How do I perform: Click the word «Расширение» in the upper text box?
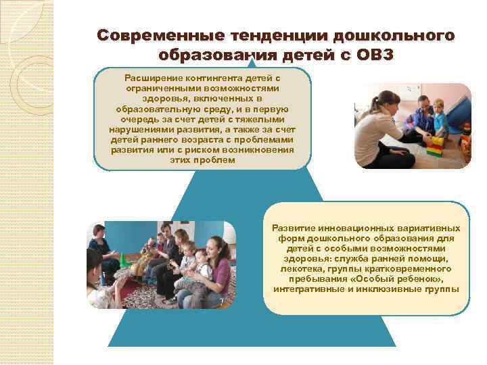click(152, 79)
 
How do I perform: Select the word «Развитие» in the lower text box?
click(294, 228)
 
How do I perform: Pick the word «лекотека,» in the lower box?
click(293, 269)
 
